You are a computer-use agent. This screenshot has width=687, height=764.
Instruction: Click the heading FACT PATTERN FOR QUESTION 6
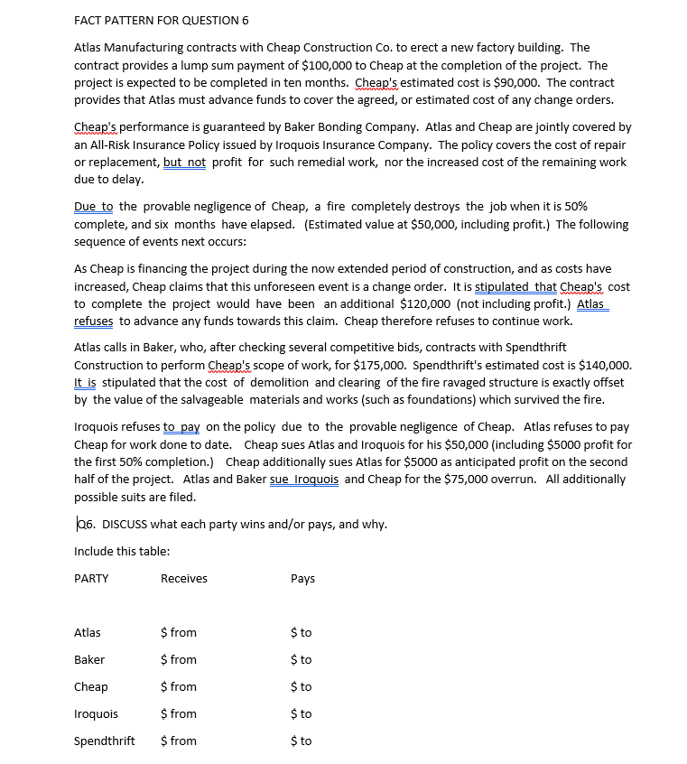point(162,20)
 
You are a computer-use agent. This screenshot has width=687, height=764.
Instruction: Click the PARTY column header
point(91,578)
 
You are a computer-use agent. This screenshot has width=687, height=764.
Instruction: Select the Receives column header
point(183,578)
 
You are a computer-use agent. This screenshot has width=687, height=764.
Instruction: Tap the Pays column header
point(303,578)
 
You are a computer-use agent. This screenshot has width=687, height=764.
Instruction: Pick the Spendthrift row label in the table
point(104,741)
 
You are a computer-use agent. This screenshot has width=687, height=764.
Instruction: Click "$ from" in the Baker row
point(178,659)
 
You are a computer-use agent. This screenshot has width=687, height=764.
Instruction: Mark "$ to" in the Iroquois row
point(302,713)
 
